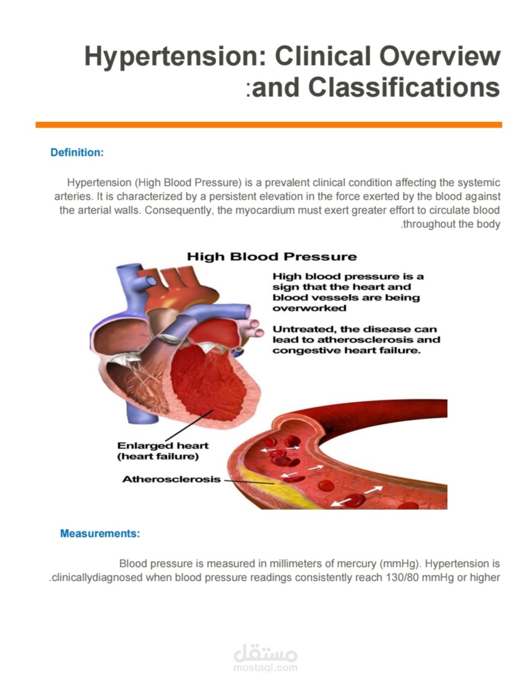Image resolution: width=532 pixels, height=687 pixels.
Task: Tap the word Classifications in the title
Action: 404,87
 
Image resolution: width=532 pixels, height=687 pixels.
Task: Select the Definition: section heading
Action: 77,153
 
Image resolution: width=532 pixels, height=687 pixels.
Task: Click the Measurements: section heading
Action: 100,534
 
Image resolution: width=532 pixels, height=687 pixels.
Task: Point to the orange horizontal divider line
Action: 269,125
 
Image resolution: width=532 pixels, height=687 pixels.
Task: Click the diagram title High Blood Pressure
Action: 272,257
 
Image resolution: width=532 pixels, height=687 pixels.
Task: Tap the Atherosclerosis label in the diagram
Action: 171,479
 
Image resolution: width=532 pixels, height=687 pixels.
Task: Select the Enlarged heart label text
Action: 162,445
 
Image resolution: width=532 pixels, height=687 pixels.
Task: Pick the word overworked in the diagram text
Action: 310,308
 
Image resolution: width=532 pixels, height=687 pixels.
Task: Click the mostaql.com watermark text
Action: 266,668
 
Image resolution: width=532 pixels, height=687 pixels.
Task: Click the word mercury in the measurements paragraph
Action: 358,563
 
